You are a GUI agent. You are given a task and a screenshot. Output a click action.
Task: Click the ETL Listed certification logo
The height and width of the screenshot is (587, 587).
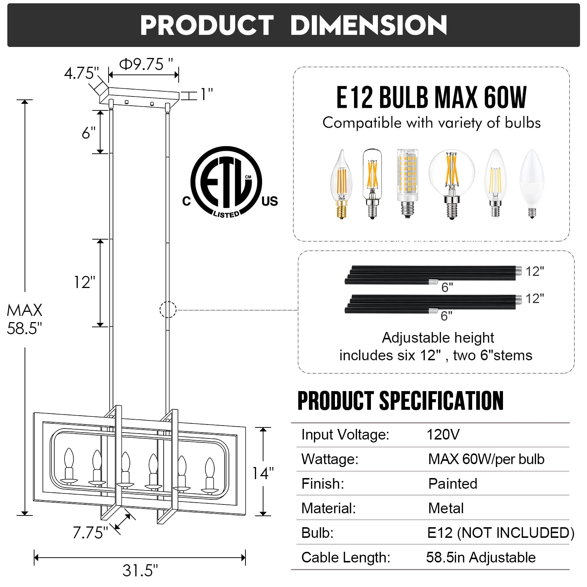(230, 182)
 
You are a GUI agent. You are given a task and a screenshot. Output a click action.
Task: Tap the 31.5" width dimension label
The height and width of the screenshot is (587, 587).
(140, 570)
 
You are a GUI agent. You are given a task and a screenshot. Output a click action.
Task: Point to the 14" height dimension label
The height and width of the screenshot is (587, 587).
(263, 473)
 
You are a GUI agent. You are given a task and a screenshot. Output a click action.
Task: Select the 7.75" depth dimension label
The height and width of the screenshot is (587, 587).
(90, 533)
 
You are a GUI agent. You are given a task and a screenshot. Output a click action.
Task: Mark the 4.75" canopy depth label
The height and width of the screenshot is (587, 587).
(81, 73)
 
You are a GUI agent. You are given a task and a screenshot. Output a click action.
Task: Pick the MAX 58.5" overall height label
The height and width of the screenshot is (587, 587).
(25, 319)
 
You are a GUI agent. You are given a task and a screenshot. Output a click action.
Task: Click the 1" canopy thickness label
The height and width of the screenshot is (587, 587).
(207, 95)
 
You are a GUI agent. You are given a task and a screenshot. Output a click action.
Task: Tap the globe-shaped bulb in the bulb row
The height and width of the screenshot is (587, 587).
(452, 184)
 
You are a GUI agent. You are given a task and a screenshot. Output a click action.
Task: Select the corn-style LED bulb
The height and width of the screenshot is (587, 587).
(407, 183)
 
